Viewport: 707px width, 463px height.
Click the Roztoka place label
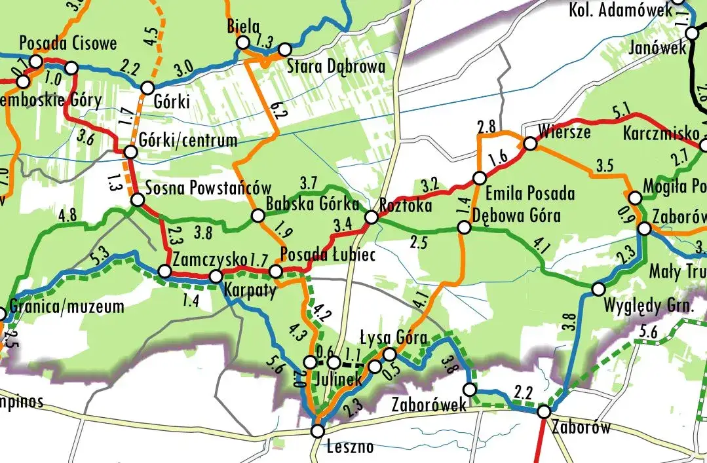click(x=406, y=206)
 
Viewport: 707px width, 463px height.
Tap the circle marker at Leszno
click(x=318, y=431)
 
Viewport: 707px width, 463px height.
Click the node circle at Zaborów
click(x=544, y=412)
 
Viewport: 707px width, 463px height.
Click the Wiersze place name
click(x=564, y=132)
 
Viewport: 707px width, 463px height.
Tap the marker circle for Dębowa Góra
click(x=464, y=227)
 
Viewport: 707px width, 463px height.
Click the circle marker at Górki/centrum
click(x=130, y=152)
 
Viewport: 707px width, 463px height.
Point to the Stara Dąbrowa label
click(x=335, y=66)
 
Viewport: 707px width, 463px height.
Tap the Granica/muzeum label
click(x=67, y=306)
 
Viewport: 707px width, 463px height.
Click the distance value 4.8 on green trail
click(x=67, y=215)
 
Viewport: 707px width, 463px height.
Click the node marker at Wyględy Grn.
click(x=598, y=289)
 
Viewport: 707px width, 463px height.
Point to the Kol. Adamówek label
click(x=620, y=9)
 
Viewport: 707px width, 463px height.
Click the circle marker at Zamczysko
click(x=165, y=270)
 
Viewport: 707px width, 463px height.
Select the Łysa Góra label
click(x=393, y=338)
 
